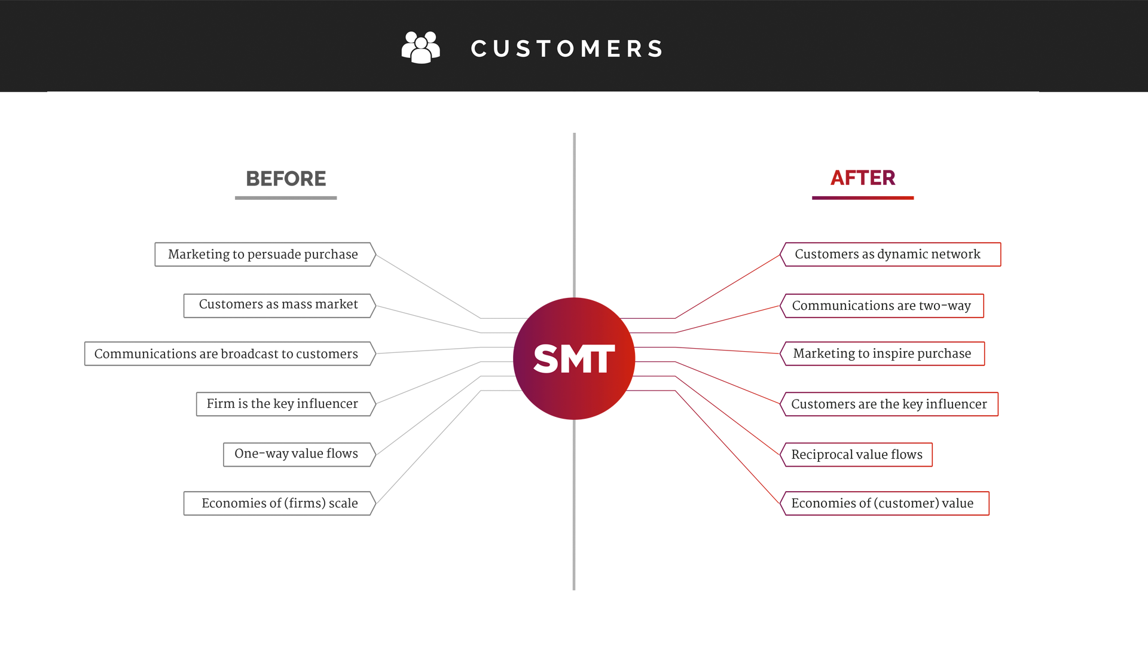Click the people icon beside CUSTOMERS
tap(421, 47)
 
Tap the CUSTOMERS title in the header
tap(567, 48)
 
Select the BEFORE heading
tap(286, 178)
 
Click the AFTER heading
tap(862, 178)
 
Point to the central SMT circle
tap(574, 358)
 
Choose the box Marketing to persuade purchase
tap(263, 254)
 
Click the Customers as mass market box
tap(278, 305)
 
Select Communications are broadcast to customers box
tap(226, 354)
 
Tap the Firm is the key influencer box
tap(282, 404)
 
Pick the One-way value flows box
tap(296, 454)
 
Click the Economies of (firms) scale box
tap(279, 503)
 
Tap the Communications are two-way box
tap(881, 306)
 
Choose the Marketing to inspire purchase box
tap(882, 354)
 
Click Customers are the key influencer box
tap(889, 404)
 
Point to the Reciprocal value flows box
tap(857, 455)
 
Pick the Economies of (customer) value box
tap(883, 503)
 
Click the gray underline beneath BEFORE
tap(286, 198)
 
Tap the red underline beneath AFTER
tap(862, 198)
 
